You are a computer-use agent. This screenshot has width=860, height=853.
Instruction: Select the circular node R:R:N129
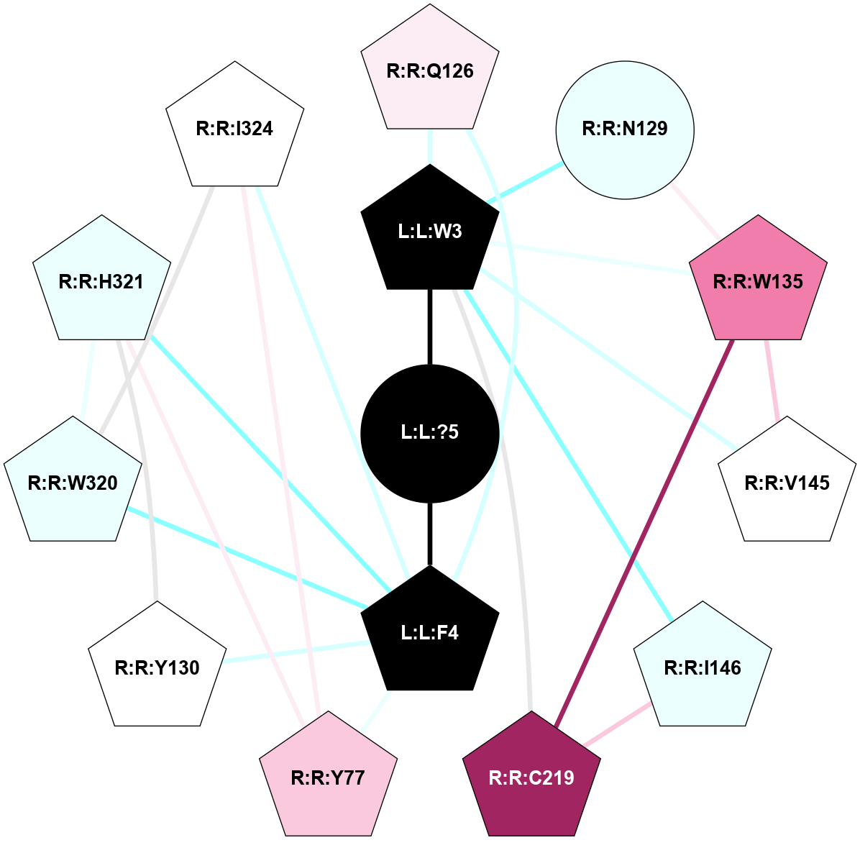click(x=624, y=129)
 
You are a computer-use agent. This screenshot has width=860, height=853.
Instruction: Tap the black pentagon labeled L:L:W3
click(x=430, y=231)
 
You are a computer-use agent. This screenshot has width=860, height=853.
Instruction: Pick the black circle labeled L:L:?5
click(x=430, y=432)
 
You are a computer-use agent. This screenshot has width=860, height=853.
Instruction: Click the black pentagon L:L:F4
click(x=430, y=632)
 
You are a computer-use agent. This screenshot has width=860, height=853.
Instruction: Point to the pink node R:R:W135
click(x=758, y=281)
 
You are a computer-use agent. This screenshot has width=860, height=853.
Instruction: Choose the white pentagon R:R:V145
click(x=787, y=483)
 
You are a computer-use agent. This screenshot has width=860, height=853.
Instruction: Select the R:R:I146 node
click(x=703, y=667)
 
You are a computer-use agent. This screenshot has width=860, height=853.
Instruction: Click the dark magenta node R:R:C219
click(x=531, y=777)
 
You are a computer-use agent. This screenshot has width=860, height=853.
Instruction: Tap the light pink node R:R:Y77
click(x=328, y=777)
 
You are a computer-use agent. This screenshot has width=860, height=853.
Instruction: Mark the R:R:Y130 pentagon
click(x=157, y=667)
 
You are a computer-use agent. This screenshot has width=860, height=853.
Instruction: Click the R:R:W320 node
click(x=73, y=483)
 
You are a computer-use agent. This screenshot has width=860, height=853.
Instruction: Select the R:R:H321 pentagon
click(x=101, y=281)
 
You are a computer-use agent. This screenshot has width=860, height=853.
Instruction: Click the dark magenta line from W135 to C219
click(x=644, y=529)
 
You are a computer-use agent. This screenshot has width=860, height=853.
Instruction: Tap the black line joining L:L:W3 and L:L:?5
click(x=430, y=327)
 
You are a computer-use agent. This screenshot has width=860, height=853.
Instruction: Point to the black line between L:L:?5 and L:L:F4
click(x=430, y=534)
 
